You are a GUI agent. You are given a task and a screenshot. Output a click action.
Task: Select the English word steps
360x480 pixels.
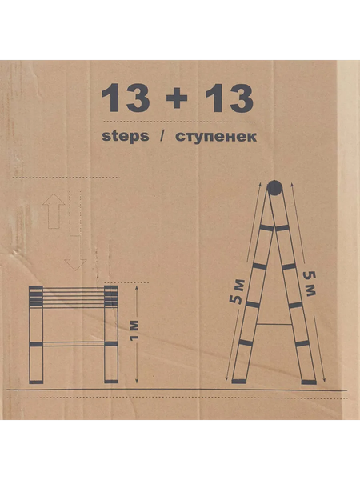[x=126, y=136]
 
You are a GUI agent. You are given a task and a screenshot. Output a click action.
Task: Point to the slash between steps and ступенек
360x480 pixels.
[x=162, y=136]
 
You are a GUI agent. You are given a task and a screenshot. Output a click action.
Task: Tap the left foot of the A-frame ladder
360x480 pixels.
[x=238, y=380]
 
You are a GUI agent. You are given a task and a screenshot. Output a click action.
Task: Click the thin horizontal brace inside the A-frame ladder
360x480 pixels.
[x=274, y=324]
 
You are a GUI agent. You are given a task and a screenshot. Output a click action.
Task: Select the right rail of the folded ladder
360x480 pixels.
[x=111, y=336]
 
